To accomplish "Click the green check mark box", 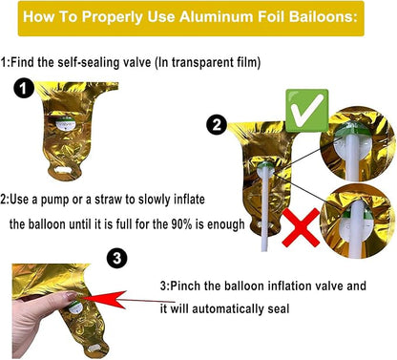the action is pyautogui.click(x=307, y=111).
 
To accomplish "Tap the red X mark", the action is pyautogui.click(x=301, y=227).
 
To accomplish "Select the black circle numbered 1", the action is pyautogui.click(x=24, y=89).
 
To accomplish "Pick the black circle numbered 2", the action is pyautogui.click(x=217, y=124).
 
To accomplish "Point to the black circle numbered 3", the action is pyautogui.click(x=117, y=258).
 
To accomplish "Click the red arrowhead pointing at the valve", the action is pyautogui.click(x=105, y=299).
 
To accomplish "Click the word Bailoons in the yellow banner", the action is pyautogui.click(x=323, y=16).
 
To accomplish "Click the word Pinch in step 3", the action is pyautogui.click(x=186, y=286).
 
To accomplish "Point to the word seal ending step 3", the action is pyautogui.click(x=279, y=308).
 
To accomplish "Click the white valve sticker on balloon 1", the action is pyautogui.click(x=66, y=123).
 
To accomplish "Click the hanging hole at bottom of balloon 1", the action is pyautogui.click(x=63, y=170).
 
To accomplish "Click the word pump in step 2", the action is pyautogui.click(x=54, y=201).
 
